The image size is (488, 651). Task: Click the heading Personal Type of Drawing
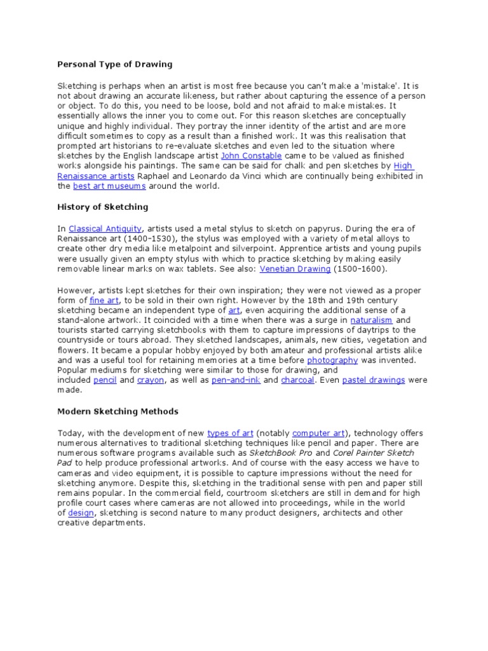[x=115, y=64]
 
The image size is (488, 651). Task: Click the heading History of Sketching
[x=103, y=207]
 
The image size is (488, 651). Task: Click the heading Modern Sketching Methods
[x=118, y=411]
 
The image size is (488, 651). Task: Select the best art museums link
[x=109, y=186]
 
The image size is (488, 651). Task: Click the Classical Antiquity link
[x=105, y=228]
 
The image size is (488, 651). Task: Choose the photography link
[x=332, y=360]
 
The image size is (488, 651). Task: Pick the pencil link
[x=105, y=380]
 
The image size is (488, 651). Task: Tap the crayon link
[x=151, y=380]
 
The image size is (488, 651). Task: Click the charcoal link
[x=297, y=380]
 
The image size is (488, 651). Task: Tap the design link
[x=81, y=513]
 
